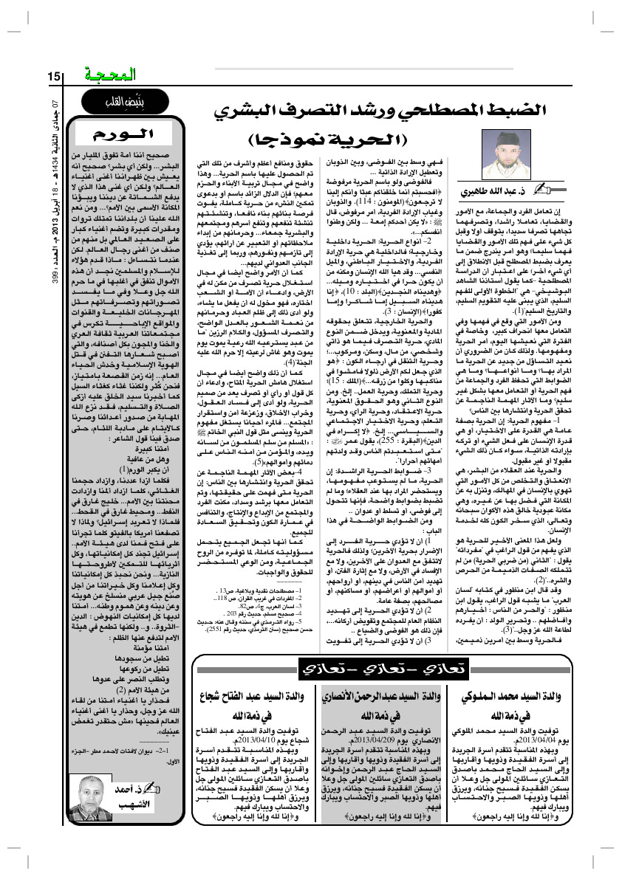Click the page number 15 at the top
point(54,76)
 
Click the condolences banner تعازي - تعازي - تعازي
point(384,669)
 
